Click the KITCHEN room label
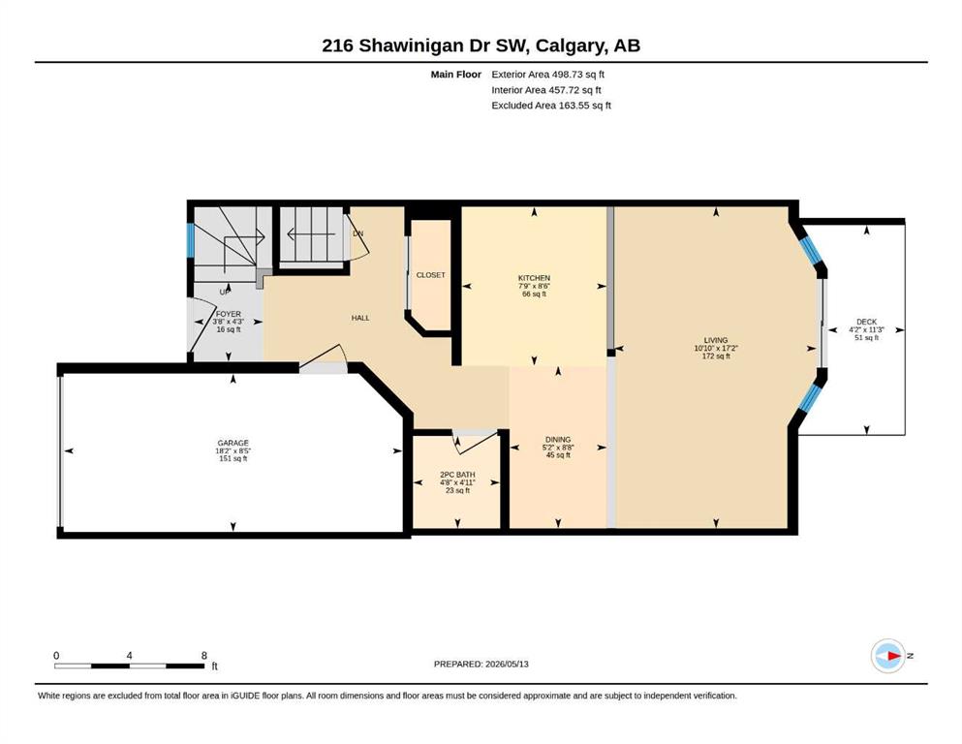coord(534,278)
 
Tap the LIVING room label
coord(715,340)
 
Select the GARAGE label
coord(233,443)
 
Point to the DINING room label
coord(558,439)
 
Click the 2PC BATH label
coord(457,475)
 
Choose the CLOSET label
coord(431,275)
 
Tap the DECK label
coord(866,322)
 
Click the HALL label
coord(360,318)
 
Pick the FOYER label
coord(229,314)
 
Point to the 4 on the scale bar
coord(129,655)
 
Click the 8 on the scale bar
coord(204,655)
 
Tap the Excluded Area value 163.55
coord(572,106)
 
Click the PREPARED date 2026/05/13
coord(507,664)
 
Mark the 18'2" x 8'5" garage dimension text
coord(233,450)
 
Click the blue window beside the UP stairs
coord(190,240)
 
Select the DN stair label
coord(358,233)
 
